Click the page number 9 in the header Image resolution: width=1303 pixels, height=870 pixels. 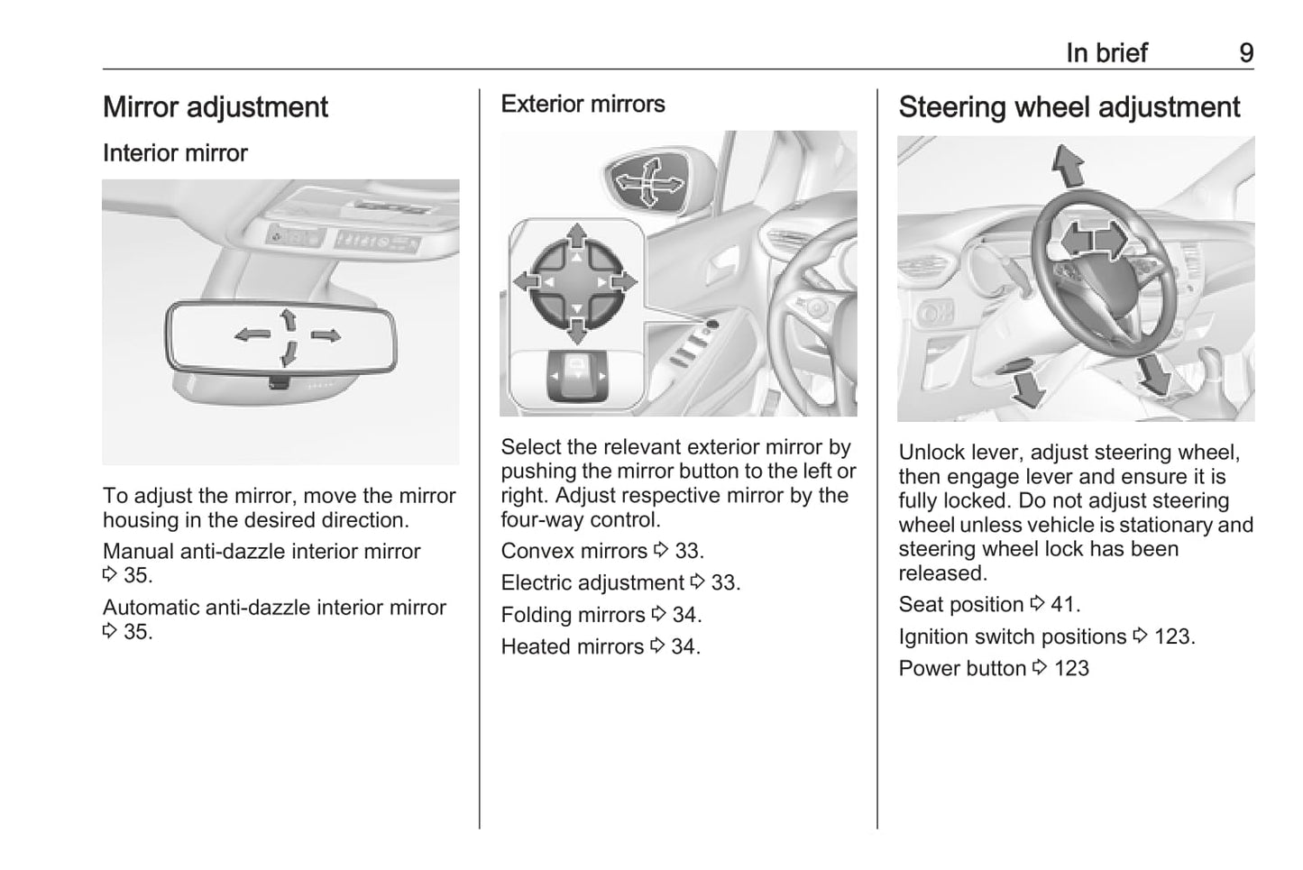1246,53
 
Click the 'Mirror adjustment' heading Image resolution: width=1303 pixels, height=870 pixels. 216,107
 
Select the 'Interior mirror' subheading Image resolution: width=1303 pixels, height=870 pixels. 175,153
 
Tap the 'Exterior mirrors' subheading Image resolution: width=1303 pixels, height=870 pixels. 583,104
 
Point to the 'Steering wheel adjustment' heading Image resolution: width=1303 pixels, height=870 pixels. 1069,107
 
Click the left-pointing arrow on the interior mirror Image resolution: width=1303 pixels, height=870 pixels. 252,335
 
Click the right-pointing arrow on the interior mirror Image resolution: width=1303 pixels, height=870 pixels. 326,335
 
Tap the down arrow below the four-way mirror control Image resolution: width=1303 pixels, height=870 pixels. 576,330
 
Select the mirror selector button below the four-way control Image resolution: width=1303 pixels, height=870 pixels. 578,376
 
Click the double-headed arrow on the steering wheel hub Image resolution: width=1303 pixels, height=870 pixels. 1094,240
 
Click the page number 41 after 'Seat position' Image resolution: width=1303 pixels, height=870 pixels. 1065,604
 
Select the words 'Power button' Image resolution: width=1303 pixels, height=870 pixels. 962,668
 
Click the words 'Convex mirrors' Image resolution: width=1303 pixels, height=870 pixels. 574,551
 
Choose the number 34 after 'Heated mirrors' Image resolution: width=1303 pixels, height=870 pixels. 684,646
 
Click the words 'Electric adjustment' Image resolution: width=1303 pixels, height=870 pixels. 592,582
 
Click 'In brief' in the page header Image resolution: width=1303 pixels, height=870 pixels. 1106,53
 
